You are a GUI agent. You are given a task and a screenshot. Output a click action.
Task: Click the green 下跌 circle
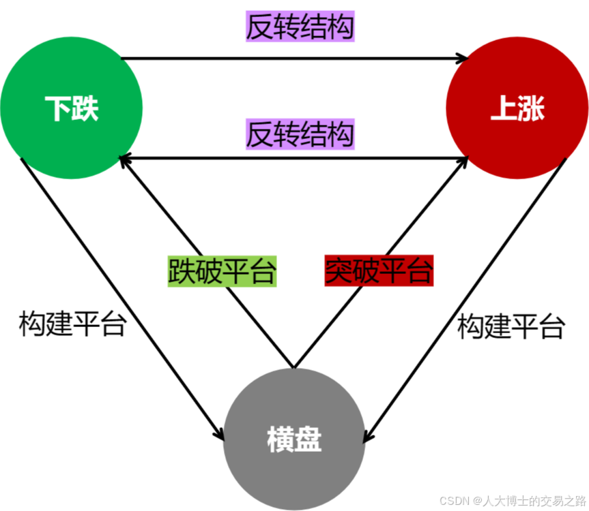tap(72, 108)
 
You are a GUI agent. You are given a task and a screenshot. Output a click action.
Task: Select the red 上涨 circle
tap(517, 108)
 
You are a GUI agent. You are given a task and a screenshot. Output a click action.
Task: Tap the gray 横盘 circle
tap(294, 439)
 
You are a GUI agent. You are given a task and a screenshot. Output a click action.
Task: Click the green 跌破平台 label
tap(222, 271)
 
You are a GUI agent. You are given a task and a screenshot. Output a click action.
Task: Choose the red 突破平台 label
tap(379, 271)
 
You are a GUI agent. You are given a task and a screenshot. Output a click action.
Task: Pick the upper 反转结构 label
tap(300, 28)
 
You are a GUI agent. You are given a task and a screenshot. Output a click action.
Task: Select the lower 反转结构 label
tap(300, 134)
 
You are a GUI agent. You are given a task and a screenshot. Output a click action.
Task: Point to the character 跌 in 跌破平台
tap(181, 271)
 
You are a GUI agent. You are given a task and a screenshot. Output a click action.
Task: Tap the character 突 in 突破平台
tap(338, 271)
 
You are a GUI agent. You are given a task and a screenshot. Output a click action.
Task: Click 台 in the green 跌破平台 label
tap(263, 271)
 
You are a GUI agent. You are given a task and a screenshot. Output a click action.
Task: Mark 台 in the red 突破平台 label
tap(420, 271)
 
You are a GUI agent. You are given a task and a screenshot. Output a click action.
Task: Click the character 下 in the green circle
tap(58, 108)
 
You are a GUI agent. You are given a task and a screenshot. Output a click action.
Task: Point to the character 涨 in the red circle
tap(531, 108)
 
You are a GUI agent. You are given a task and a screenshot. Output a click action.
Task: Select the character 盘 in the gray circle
tap(308, 440)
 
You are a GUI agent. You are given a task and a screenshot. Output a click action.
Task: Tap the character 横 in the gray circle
tap(281, 440)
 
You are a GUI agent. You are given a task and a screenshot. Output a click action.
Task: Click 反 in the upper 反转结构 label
tap(259, 28)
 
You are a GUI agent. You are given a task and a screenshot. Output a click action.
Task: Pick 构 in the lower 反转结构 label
tap(341, 134)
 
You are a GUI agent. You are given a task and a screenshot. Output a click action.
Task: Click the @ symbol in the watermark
tap(476, 499)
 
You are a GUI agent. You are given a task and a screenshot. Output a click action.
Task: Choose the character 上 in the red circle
tap(504, 108)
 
